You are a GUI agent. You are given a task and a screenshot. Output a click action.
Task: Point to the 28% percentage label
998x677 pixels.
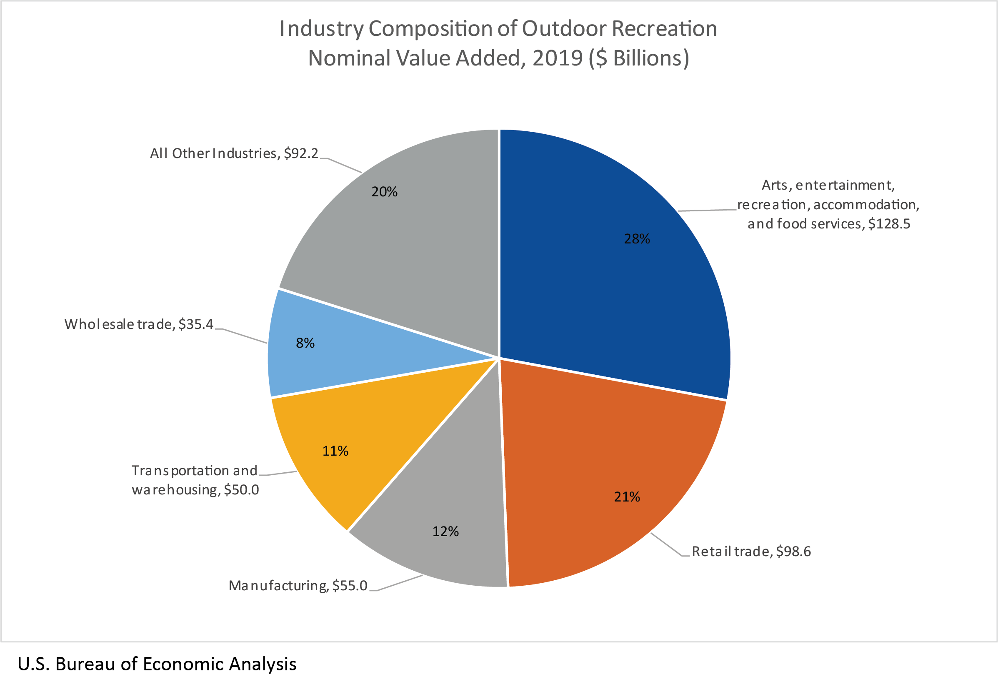tap(637, 239)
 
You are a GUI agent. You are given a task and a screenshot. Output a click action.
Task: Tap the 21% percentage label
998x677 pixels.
tap(627, 497)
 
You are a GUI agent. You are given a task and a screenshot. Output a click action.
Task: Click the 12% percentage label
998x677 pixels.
tap(445, 532)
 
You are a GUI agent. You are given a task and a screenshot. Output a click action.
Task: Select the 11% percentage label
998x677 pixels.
tap(335, 451)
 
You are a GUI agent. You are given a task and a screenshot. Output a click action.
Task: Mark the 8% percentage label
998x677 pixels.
tap(305, 343)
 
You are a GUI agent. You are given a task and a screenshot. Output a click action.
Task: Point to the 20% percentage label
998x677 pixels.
tap(384, 192)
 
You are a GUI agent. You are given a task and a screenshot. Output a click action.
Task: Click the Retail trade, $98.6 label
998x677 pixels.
tap(751, 552)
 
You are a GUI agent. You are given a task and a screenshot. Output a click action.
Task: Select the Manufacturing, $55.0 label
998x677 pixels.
tap(298, 586)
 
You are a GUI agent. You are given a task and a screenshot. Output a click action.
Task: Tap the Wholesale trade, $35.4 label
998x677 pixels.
tap(139, 324)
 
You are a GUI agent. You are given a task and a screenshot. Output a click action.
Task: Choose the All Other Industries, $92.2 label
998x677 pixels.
tap(234, 153)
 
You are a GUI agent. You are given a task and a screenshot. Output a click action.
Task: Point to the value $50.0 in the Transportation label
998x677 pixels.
tap(241, 490)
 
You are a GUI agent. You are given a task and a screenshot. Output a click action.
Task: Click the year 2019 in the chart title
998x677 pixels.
tap(557, 58)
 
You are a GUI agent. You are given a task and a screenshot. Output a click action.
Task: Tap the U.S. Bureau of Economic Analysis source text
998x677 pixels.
tap(157, 664)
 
